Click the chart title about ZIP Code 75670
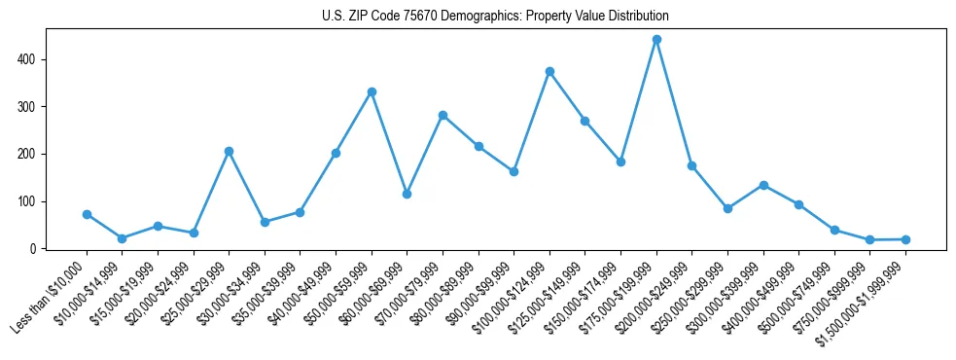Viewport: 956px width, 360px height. (495, 17)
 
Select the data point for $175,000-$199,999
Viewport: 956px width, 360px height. (656, 40)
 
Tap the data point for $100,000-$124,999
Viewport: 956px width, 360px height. (549, 72)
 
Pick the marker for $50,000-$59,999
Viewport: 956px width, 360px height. (372, 92)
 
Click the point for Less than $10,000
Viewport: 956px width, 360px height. (87, 214)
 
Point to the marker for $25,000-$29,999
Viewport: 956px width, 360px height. (229, 152)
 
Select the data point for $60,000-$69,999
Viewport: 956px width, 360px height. (407, 194)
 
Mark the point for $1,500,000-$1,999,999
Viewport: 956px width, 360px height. (905, 239)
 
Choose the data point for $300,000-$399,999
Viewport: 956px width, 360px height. (763, 185)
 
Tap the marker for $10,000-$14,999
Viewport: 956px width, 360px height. (122, 238)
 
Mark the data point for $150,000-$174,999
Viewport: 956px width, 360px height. (620, 162)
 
